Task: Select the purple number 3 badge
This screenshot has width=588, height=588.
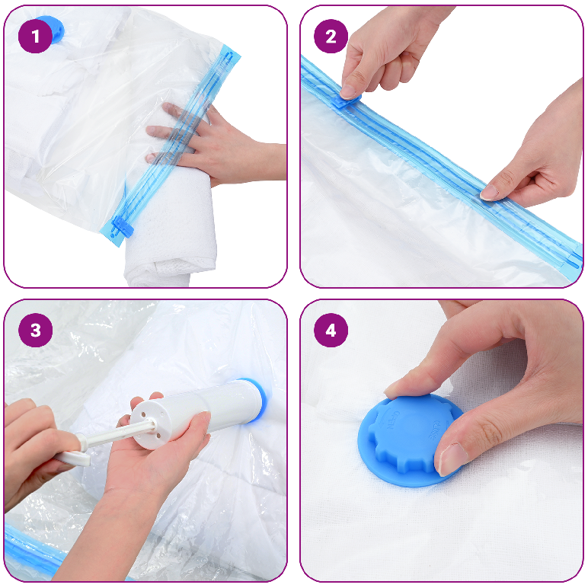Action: [x=35, y=331]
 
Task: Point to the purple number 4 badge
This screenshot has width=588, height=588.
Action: [x=331, y=331]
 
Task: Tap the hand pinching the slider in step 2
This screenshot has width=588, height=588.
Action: [x=381, y=46]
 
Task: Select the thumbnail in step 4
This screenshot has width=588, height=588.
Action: [x=452, y=459]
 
